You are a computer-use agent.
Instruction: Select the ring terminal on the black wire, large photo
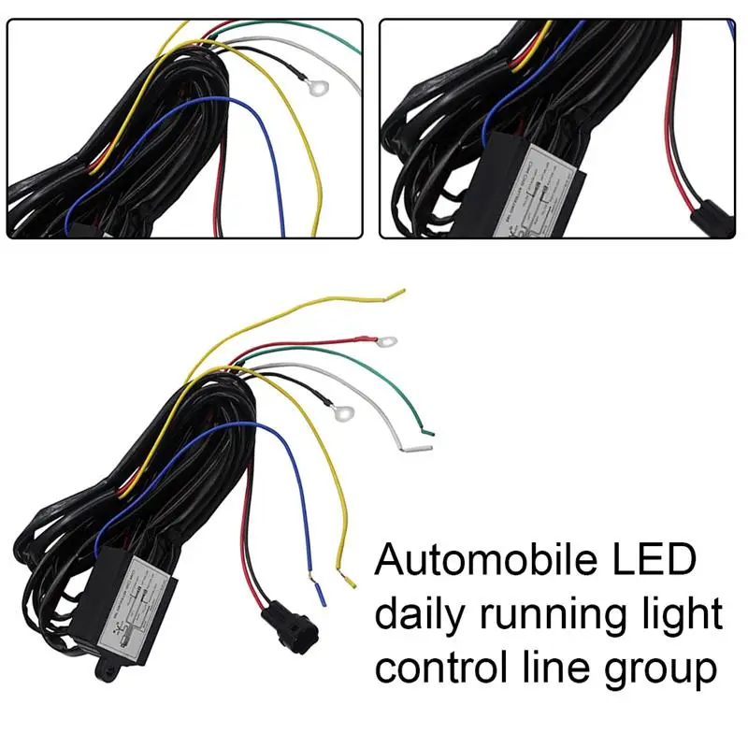point(342,409)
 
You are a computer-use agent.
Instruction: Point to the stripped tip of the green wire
point(427,431)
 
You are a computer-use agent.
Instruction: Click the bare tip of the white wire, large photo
point(412,449)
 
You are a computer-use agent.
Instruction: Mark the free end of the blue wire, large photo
point(321,593)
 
